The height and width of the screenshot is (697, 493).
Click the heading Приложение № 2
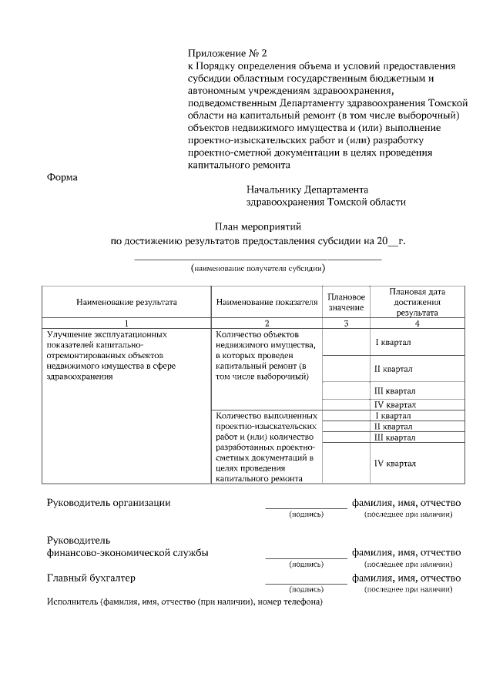point(226,53)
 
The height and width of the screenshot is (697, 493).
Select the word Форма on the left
point(62,177)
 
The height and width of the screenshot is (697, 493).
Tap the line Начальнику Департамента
point(307,189)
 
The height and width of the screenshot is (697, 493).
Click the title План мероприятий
point(258,226)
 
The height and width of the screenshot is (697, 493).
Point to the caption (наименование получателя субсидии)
point(258,269)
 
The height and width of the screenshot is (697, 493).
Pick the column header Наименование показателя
point(267,302)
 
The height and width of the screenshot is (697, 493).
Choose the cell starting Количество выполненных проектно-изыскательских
point(266,447)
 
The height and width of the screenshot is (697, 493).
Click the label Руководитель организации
point(109,503)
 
